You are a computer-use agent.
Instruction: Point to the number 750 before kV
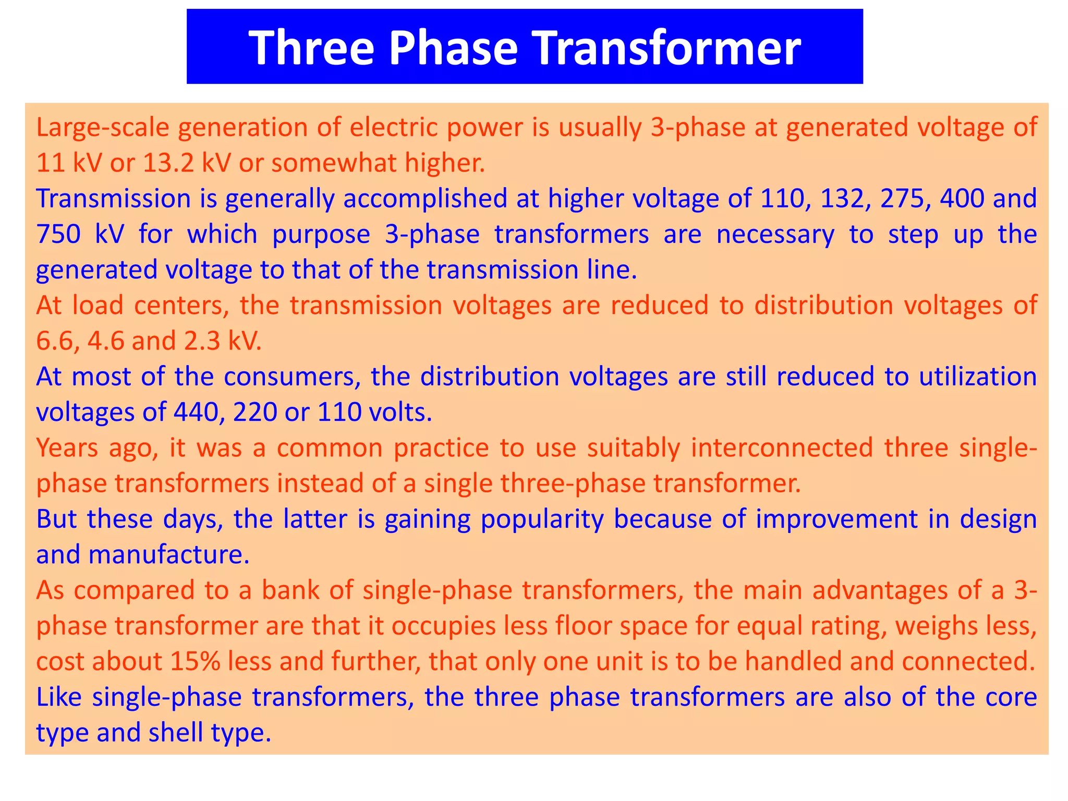coord(58,235)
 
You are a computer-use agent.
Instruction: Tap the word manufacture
coord(169,555)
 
